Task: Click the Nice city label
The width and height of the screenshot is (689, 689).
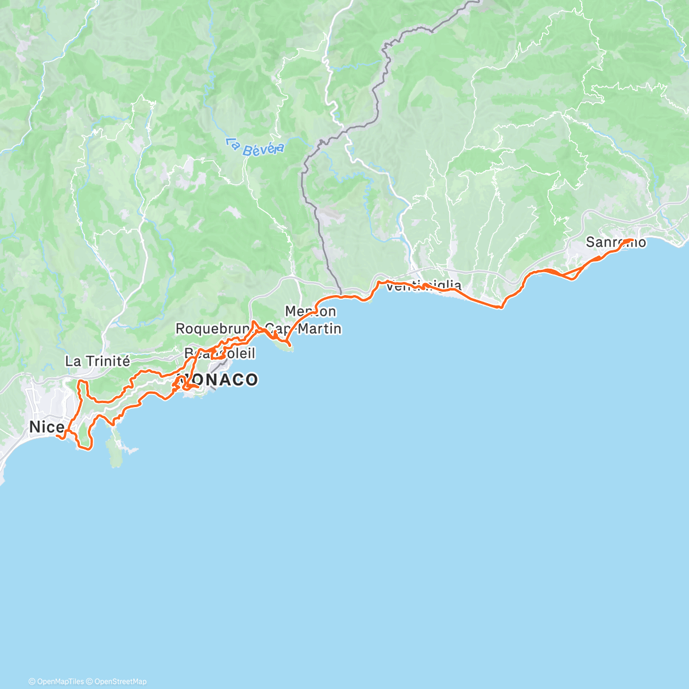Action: [x=46, y=427]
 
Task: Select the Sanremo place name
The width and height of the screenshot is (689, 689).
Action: [x=616, y=242]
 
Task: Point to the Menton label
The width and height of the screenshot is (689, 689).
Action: [x=311, y=311]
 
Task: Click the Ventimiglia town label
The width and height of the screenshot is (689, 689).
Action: [x=424, y=285]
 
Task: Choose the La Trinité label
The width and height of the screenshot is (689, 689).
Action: [x=98, y=361]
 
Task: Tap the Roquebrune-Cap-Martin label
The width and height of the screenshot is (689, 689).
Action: [x=258, y=329]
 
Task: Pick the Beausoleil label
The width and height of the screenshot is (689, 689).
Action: [x=220, y=353]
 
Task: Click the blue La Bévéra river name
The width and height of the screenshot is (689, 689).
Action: [x=254, y=147]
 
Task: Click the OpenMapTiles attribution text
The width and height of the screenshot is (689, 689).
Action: [x=56, y=682]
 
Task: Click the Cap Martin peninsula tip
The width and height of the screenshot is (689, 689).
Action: [x=289, y=347]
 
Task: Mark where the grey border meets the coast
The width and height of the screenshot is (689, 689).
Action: [x=341, y=295]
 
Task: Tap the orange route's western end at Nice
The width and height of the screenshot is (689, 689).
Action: [x=57, y=436]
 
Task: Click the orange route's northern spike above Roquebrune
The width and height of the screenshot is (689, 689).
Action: [x=253, y=322]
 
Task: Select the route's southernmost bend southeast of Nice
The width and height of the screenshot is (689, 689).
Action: [x=87, y=448]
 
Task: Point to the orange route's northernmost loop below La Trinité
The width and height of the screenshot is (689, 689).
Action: [x=82, y=382]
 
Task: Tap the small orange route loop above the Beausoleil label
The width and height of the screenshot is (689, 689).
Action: [x=218, y=355]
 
